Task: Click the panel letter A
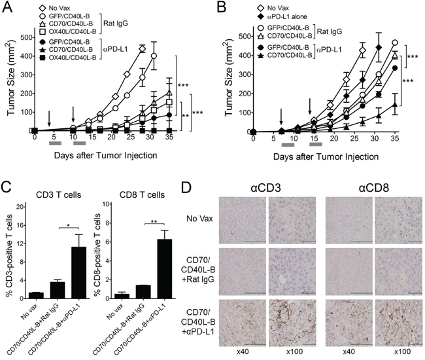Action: tap(7, 7)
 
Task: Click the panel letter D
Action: tap(186, 187)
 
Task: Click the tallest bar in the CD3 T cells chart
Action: tap(78, 273)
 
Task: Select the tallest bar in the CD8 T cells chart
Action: tap(165, 269)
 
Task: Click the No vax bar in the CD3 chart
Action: tap(37, 295)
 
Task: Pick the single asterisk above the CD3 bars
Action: tap(68, 225)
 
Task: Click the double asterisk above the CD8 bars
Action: tap(154, 222)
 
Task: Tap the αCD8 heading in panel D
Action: tap(374, 188)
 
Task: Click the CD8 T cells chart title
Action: tap(143, 194)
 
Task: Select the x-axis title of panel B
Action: tap(326, 156)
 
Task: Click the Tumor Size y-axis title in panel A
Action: tap(11, 77)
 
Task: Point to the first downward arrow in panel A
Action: tap(49, 118)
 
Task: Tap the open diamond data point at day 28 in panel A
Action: tap(142, 49)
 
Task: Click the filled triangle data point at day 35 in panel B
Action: tap(395, 105)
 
